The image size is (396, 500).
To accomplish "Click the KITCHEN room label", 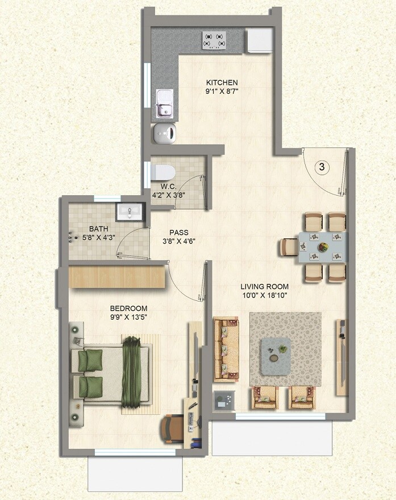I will [x=222, y=82].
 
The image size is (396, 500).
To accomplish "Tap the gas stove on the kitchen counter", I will [x=215, y=40].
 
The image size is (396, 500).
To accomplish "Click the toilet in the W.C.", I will [x=164, y=171].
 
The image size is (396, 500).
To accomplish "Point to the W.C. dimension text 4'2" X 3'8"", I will [x=169, y=195].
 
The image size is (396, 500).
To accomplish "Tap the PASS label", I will [x=178, y=233].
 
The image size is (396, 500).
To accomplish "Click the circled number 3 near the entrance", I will [x=322, y=167].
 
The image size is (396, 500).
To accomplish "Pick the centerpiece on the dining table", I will [x=323, y=247].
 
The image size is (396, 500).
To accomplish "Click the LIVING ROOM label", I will [x=264, y=286].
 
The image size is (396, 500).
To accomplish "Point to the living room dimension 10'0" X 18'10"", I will [x=264, y=296].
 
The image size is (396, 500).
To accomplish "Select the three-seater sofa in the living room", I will [x=226, y=350].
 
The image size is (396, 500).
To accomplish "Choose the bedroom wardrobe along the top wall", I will [x=116, y=276].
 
